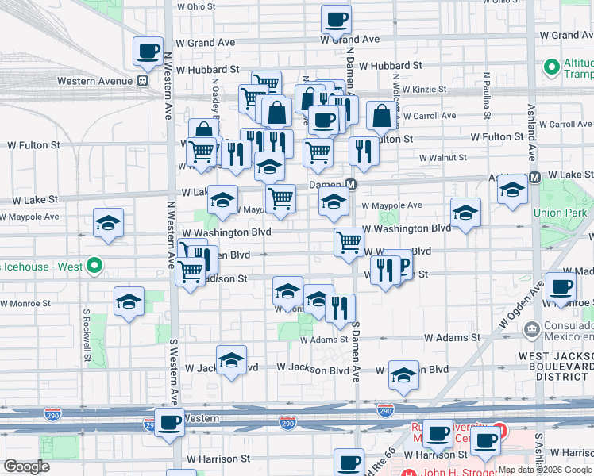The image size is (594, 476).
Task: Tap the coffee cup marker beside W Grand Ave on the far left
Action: coord(148,52)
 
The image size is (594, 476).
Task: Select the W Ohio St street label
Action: coord(196,6)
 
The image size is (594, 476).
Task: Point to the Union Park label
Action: coord(559,213)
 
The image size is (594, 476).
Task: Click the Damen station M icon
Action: coord(350,183)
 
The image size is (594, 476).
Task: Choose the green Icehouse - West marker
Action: coord(94,267)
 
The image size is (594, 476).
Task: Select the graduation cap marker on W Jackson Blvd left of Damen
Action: coord(231,360)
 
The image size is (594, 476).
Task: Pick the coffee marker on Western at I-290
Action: coord(168,422)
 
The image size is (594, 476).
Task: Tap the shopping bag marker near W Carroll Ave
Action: coord(382,115)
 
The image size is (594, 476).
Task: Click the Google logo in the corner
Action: coord(26,466)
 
